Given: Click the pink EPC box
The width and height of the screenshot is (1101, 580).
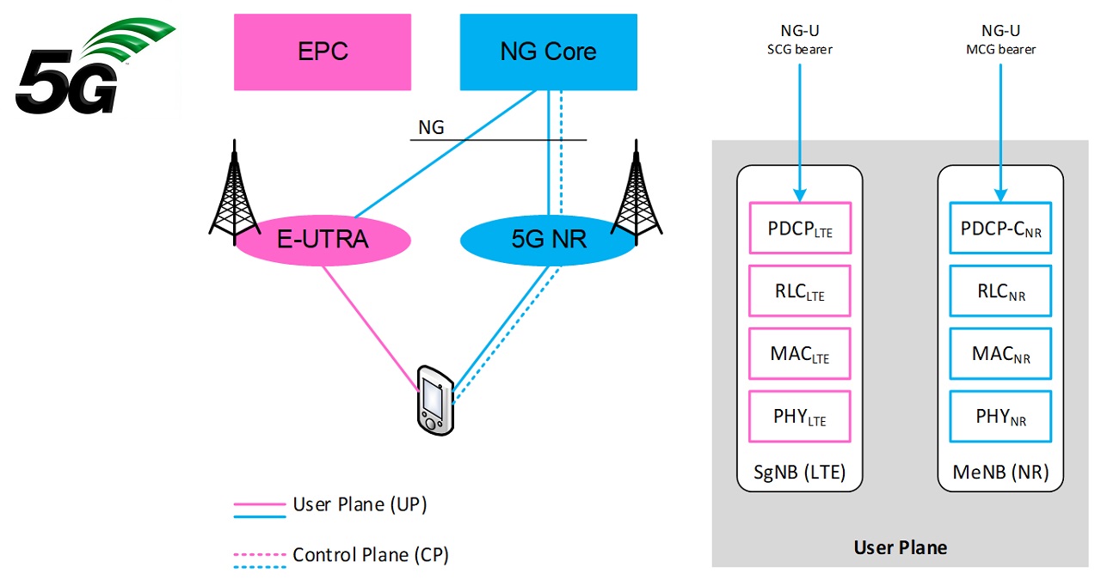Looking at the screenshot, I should [323, 52].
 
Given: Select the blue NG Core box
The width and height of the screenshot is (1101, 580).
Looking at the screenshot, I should [548, 52].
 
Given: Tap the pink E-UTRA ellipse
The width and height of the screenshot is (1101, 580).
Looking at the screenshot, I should [323, 239].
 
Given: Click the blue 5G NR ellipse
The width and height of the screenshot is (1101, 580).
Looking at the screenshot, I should [548, 239].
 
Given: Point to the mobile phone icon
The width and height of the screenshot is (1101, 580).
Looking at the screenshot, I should [434, 399].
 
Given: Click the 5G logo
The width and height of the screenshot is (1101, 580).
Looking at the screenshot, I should [86, 69].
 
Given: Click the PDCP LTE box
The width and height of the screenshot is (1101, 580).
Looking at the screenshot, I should [800, 228].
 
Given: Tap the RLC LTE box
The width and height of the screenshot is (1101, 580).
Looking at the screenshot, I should [800, 291].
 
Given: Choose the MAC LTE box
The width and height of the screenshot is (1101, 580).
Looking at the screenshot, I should [800, 354].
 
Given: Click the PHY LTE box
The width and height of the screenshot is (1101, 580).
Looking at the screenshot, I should [800, 417].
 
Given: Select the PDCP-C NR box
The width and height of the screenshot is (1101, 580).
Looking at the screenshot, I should [1000, 228].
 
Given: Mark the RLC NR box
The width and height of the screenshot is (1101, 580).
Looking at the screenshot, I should [1000, 291].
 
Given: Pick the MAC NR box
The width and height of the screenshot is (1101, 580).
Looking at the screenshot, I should [1000, 354].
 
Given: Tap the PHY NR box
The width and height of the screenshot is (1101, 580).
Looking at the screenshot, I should [1000, 417].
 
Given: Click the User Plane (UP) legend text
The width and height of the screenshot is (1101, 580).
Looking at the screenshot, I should [360, 504].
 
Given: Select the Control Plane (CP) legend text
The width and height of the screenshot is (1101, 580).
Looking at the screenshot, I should [371, 555].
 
